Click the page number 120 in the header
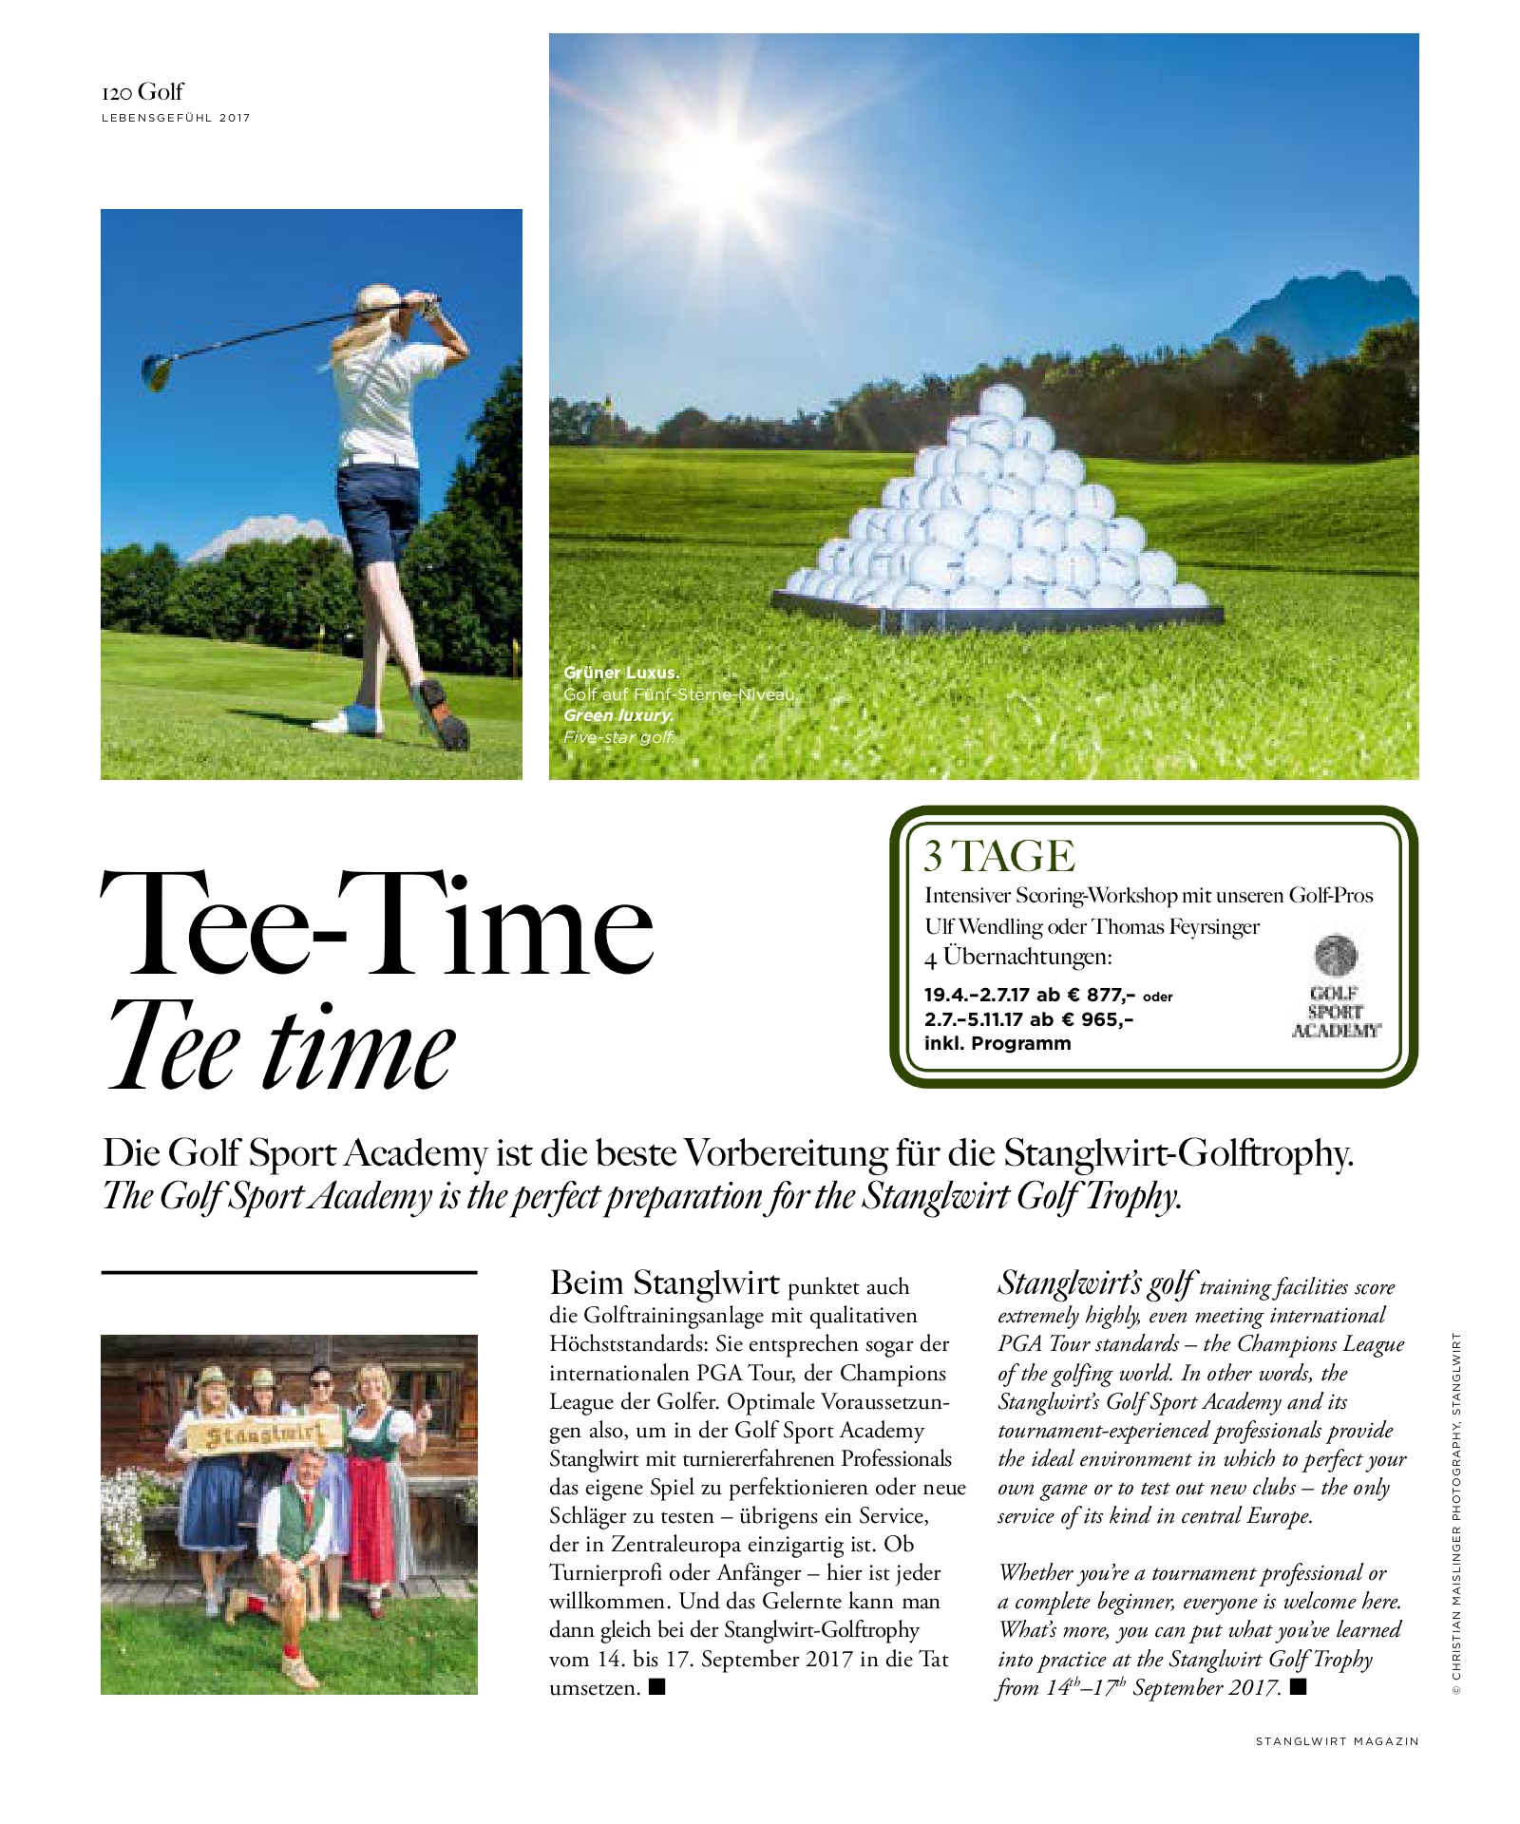[x=117, y=93]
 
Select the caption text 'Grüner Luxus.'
[x=621, y=673]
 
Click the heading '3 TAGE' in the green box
[x=999, y=856]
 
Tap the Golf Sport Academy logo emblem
[x=1336, y=956]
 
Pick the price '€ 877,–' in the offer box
[x=1098, y=996]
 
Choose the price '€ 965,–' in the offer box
[x=1097, y=1019]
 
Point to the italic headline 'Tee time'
[x=281, y=1048]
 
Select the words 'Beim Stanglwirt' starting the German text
[x=664, y=1283]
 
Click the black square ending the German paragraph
[x=656, y=1687]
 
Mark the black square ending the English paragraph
[x=1299, y=1687]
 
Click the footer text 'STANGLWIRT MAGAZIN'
[x=1337, y=1741]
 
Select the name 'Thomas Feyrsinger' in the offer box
[x=1175, y=926]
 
